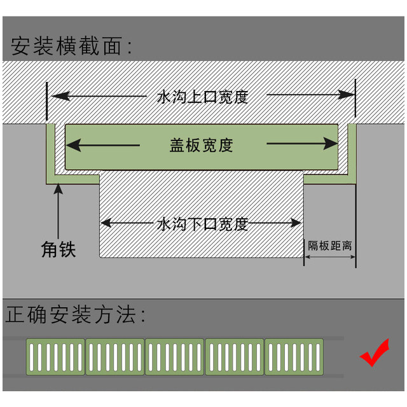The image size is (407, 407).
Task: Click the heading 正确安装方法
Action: (x=76, y=316)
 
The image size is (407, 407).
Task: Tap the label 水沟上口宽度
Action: (x=202, y=97)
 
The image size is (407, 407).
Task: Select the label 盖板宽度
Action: (x=202, y=146)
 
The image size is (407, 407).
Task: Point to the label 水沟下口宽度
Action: (x=202, y=224)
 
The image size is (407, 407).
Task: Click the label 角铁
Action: (x=59, y=249)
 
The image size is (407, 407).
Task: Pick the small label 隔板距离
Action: (x=330, y=245)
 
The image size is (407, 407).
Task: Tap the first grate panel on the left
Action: (x=55, y=357)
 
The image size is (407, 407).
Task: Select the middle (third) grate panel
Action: (x=175, y=357)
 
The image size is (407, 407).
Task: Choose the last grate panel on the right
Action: (x=294, y=357)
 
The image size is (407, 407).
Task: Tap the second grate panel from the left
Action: (x=115, y=357)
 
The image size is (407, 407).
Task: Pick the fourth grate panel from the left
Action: (x=235, y=357)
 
